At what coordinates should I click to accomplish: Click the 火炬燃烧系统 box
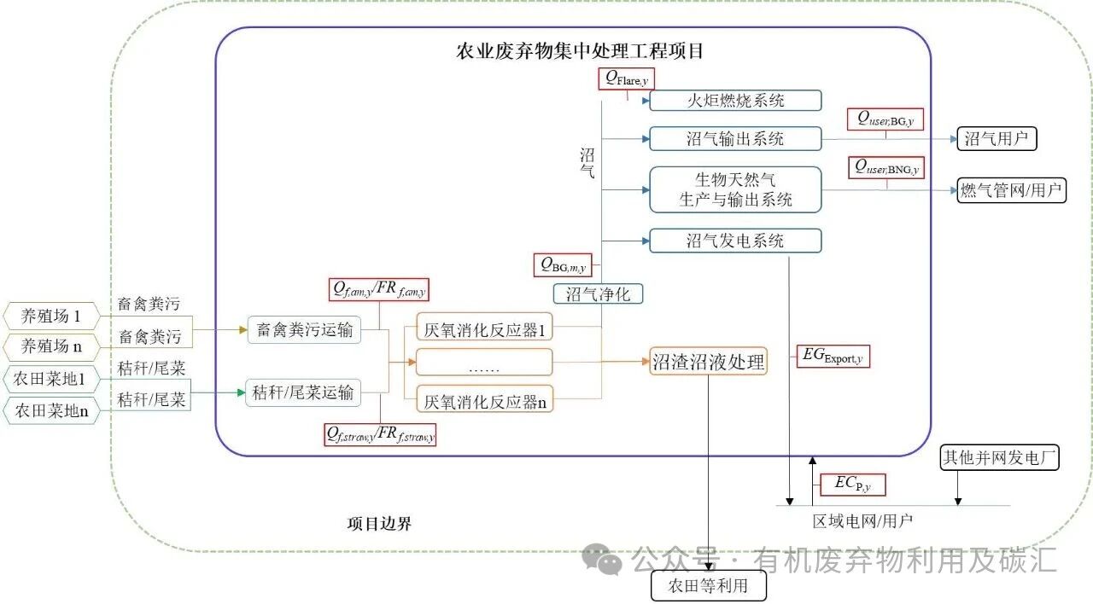[x=735, y=101]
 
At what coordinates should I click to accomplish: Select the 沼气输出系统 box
[x=735, y=139]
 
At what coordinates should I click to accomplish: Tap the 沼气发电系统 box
[x=735, y=241]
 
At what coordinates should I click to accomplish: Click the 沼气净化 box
[x=598, y=294]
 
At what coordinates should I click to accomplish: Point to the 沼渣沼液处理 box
[x=708, y=362]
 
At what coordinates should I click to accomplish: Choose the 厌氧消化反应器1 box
[x=484, y=329]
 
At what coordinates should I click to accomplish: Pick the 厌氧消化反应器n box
[x=484, y=400]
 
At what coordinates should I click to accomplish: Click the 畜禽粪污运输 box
[x=305, y=330]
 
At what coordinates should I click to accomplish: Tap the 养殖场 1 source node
[x=51, y=317]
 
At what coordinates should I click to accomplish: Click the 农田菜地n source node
[x=51, y=411]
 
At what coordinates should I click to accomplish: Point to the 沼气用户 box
[x=996, y=139]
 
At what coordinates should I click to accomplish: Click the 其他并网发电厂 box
[x=999, y=458]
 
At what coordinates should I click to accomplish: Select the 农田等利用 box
[x=708, y=586]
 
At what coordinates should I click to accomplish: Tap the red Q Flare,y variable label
[x=627, y=78]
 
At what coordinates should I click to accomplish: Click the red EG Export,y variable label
[x=832, y=357]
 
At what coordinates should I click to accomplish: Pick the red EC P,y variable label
[x=852, y=485]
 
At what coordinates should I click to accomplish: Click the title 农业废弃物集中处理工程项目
[x=580, y=50]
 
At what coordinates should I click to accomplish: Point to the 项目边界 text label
[x=379, y=523]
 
